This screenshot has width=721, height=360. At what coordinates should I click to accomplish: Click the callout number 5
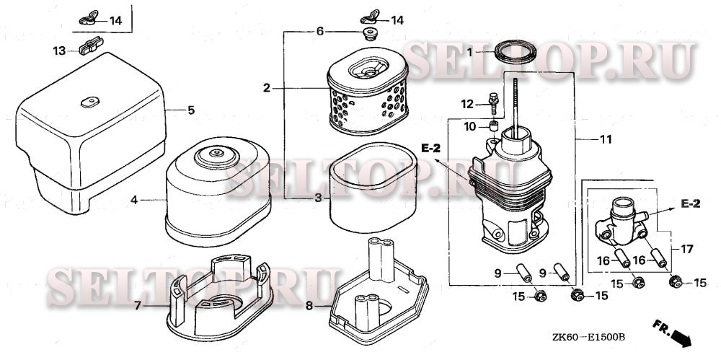pyautogui.click(x=191, y=110)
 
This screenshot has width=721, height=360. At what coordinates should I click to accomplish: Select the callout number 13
pyautogui.click(x=59, y=51)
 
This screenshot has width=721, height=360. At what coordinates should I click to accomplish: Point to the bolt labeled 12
pyautogui.click(x=494, y=104)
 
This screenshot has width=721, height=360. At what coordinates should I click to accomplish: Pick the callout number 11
pyautogui.click(x=606, y=139)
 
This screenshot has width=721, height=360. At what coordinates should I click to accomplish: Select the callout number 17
pyautogui.click(x=686, y=249)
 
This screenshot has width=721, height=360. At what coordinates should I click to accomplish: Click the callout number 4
pyautogui.click(x=134, y=200)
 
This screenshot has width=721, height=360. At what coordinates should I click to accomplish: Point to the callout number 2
pyautogui.click(x=267, y=88)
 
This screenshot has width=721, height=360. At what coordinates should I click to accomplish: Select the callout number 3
pyautogui.click(x=318, y=198)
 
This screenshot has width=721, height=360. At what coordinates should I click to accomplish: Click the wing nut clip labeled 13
pyautogui.click(x=91, y=45)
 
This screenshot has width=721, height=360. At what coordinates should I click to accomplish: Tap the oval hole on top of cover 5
pyautogui.click(x=90, y=102)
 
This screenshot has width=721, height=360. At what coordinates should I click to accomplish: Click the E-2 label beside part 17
pyautogui.click(x=690, y=204)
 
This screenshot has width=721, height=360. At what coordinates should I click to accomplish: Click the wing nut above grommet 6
pyautogui.click(x=370, y=17)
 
